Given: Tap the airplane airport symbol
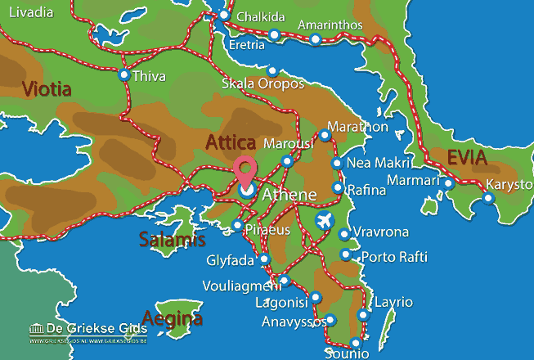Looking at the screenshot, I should click(325, 221).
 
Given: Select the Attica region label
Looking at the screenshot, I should click(231, 142).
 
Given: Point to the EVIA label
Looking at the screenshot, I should click(466, 158).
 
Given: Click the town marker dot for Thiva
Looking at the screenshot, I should click(123, 76).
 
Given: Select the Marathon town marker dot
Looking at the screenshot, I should click(325, 136).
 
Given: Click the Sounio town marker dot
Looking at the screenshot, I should click(355, 343).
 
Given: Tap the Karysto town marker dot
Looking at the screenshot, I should click(488, 197).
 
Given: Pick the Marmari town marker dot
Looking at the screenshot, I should click(448, 183).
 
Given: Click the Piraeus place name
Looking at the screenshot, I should click(268, 230).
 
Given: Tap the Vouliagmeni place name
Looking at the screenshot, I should click(238, 287).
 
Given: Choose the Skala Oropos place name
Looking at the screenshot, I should click(263, 84).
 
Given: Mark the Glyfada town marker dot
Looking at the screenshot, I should click(264, 259).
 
